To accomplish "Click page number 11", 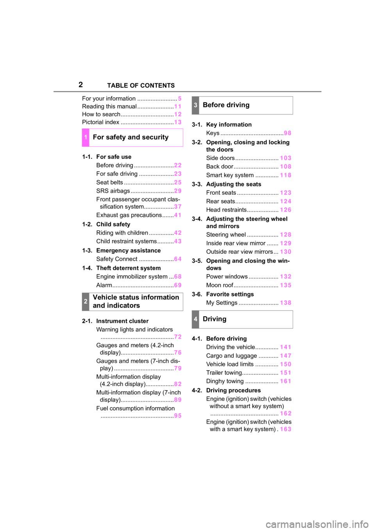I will click(x=178, y=106).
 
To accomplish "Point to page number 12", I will click(x=178, y=114).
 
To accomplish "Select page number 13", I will click(x=178, y=122).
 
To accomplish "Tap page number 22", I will click(x=178, y=165).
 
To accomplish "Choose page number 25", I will click(x=178, y=183).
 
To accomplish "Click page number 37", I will click(x=178, y=206).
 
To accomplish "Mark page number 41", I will click(x=178, y=215).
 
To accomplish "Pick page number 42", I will click(x=178, y=233).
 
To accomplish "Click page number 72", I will click(x=178, y=337).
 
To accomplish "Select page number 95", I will click(x=178, y=416).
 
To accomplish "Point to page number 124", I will click(x=286, y=201).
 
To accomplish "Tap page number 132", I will click(x=286, y=276).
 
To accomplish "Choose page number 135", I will click(x=286, y=285).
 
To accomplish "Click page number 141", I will click(x=286, y=347).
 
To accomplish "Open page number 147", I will click(x=286, y=356).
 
